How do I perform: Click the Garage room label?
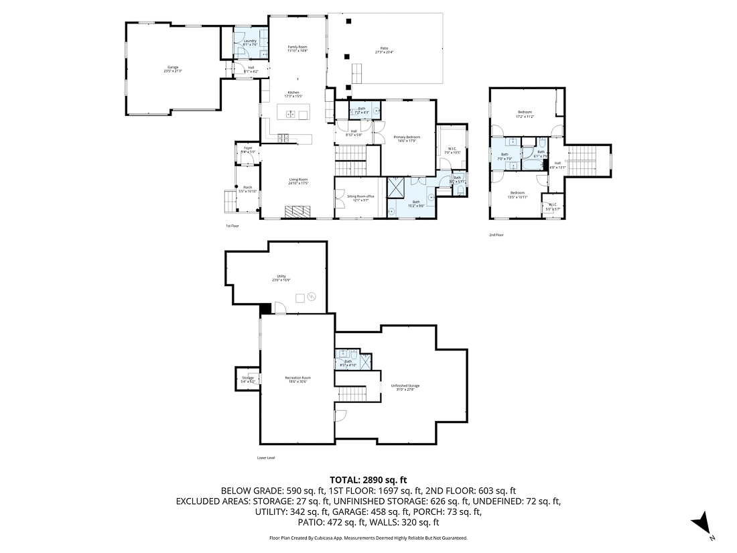tap(173, 68)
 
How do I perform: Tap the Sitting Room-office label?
tap(360, 198)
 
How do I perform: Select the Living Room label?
tap(298, 180)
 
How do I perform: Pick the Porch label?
tap(247, 189)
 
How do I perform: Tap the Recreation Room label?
tap(297, 379)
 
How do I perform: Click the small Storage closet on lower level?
tap(247, 380)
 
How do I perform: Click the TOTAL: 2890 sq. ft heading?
tap(368, 480)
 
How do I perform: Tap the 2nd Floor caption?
tap(496, 235)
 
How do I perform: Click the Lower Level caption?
tap(266, 458)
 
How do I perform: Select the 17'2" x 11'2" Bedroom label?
tap(524, 114)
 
